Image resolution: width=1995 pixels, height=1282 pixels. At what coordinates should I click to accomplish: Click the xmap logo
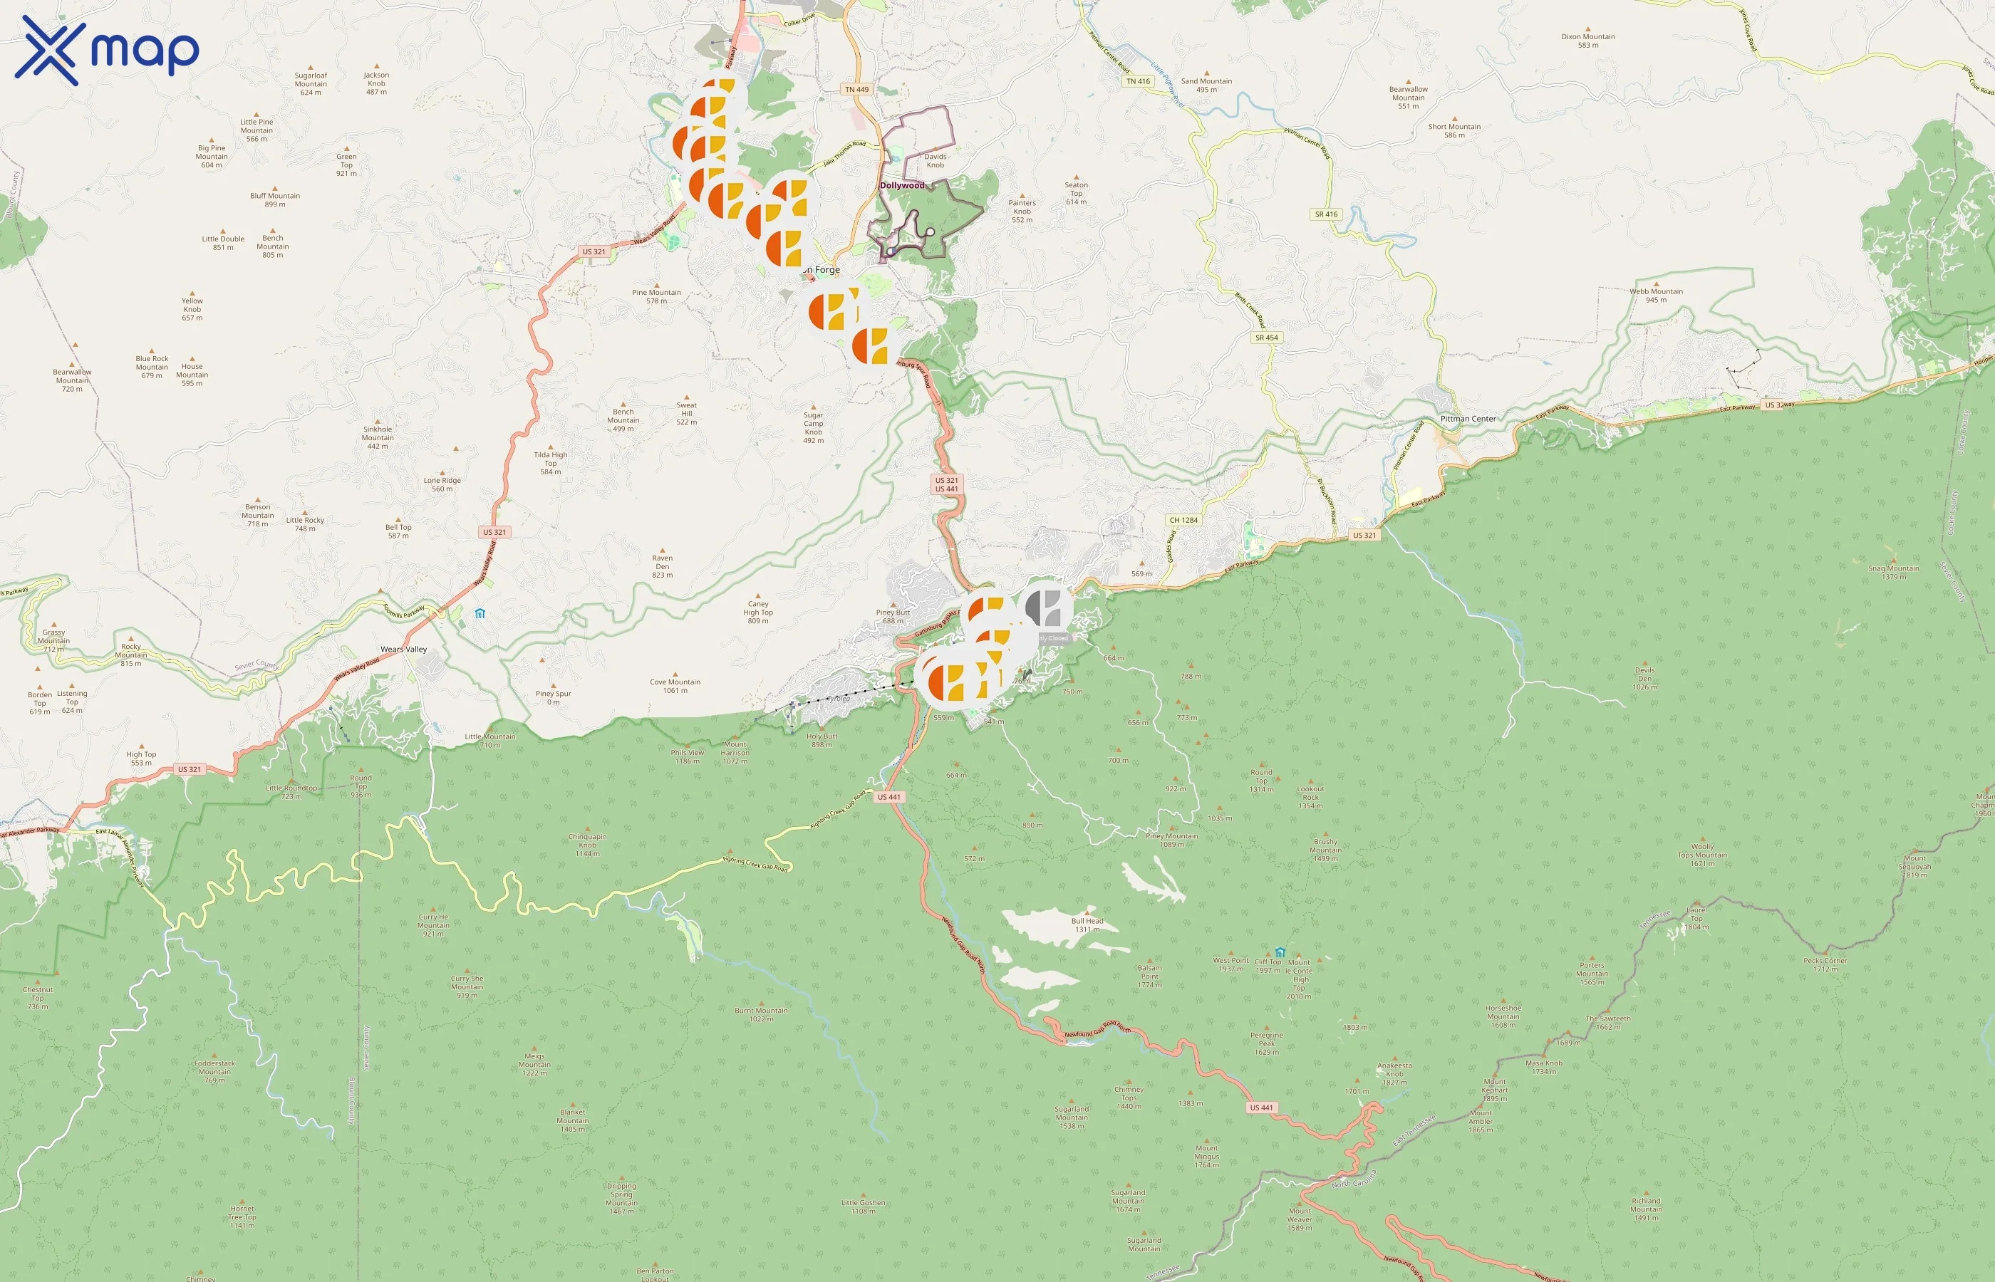[107, 51]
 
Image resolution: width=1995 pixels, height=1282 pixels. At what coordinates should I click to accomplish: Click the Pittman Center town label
[1468, 419]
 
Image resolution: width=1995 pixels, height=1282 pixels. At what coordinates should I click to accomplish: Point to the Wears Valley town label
[404, 650]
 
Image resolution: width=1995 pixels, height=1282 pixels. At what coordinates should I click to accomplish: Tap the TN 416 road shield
[1137, 82]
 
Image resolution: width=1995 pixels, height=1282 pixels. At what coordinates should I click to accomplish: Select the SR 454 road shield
[1266, 338]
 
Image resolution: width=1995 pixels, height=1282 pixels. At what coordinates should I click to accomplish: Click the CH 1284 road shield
[1183, 521]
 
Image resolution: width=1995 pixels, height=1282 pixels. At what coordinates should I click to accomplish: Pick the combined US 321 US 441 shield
[946, 484]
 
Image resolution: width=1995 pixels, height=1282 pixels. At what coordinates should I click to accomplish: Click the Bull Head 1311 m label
[1087, 925]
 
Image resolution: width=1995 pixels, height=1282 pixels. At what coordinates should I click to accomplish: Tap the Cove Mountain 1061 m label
[675, 686]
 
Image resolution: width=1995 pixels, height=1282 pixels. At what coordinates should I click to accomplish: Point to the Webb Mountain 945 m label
[1656, 296]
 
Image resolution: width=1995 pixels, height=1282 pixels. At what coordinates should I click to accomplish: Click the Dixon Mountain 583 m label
[1588, 41]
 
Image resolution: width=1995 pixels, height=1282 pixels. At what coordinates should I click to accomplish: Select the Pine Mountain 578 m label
[656, 296]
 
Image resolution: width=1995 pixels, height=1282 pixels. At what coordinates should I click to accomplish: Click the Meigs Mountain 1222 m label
[534, 1065]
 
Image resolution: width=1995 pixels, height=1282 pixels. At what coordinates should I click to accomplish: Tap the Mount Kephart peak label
[1495, 1090]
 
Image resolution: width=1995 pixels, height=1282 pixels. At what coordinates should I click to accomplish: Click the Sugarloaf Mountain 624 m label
[311, 83]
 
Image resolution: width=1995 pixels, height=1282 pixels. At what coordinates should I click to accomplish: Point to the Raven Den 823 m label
[662, 567]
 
